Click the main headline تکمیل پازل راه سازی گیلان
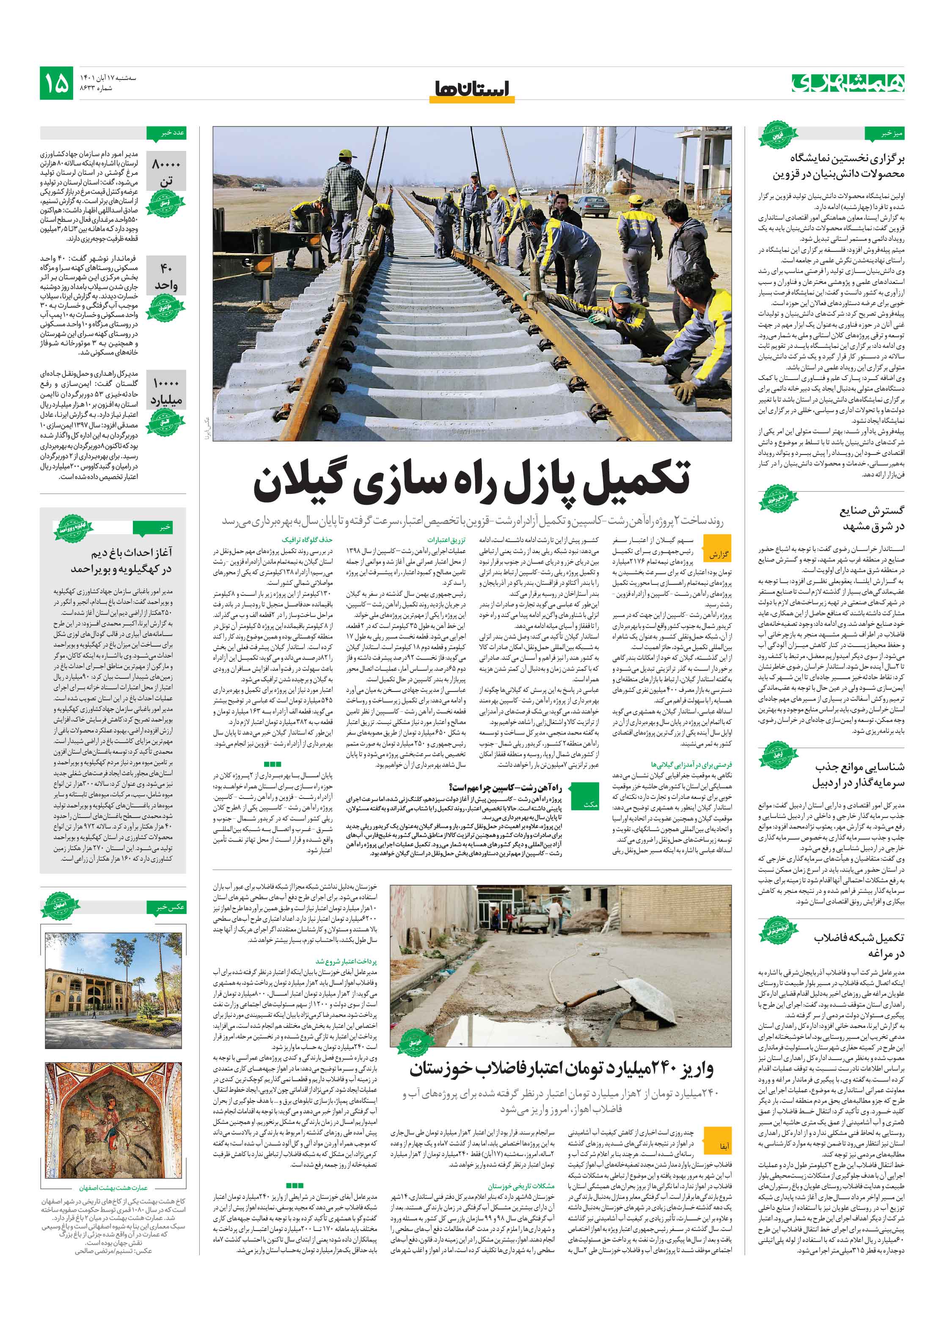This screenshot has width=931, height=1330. [472, 482]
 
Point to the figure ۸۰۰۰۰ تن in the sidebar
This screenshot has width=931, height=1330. [166, 173]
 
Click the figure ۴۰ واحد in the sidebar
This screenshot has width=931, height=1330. [166, 276]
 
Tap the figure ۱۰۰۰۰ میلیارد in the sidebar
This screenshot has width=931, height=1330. [166, 391]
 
